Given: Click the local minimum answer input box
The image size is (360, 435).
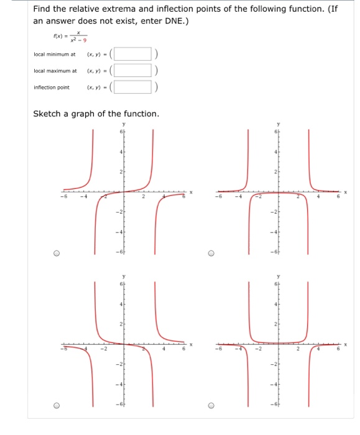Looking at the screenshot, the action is [x=134, y=54].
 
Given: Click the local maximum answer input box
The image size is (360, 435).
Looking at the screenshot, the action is [x=134, y=70].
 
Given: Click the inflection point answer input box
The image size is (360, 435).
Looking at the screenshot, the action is [x=134, y=87].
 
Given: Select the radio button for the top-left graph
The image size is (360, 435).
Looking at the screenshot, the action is [x=57, y=253].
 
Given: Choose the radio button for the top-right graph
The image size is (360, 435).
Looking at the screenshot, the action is [x=211, y=253].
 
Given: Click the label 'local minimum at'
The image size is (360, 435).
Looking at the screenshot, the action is [x=54, y=55].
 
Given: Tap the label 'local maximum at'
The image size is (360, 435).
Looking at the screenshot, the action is [x=55, y=71].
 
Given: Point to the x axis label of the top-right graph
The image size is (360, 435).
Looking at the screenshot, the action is [x=344, y=192].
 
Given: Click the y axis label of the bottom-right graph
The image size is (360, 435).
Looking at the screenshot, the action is [x=279, y=277].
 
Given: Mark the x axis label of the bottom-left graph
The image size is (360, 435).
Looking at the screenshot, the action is [x=192, y=344].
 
